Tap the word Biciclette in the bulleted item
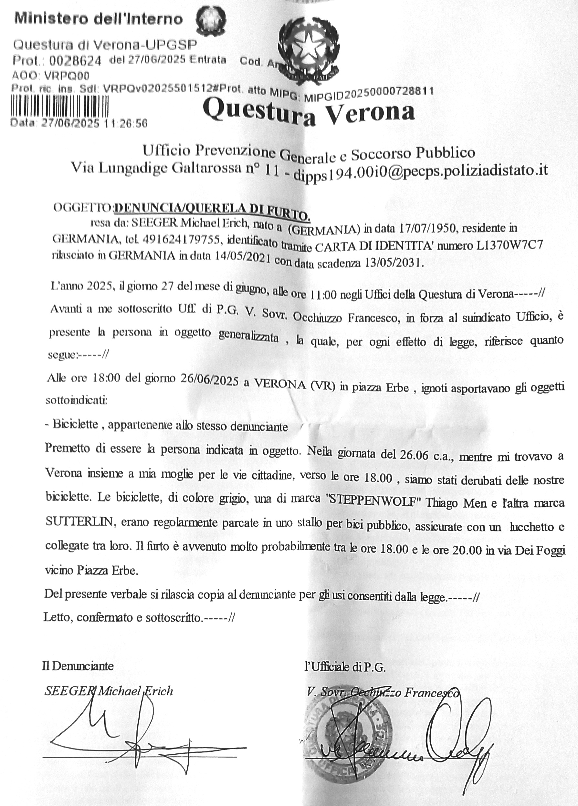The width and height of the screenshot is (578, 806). (75, 425)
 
